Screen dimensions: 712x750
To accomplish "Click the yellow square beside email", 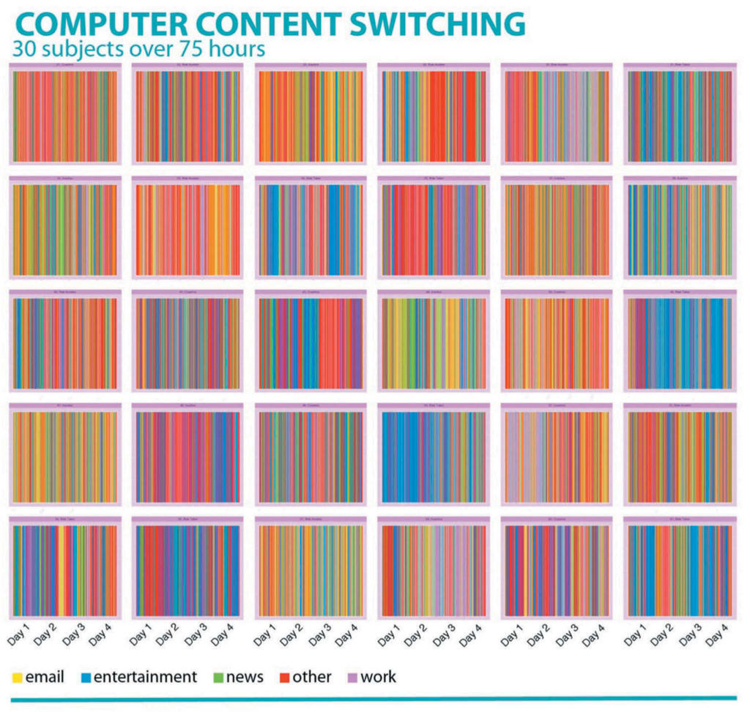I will (x=17, y=677).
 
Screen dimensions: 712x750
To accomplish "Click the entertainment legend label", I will (x=145, y=677).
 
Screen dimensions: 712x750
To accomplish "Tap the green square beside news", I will (x=217, y=677).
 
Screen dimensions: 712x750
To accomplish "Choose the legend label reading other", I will (x=312, y=677).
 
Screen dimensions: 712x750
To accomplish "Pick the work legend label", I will (x=378, y=677).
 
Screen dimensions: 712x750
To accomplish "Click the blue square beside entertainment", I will (x=85, y=677).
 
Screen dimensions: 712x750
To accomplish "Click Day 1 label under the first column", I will (x=20, y=635).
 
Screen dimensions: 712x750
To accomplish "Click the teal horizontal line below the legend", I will (x=374, y=699).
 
